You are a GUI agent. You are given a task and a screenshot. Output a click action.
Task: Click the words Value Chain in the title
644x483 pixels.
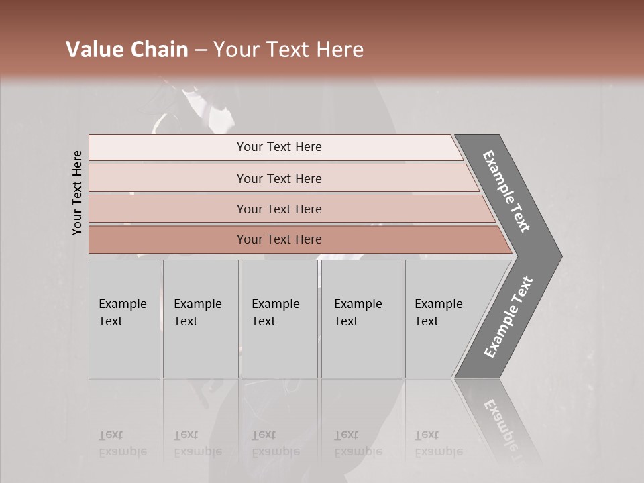(127, 50)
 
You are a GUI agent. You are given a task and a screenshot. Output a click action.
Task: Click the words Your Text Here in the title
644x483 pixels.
(288, 50)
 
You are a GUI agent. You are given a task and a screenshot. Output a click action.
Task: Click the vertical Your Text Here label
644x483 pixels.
(77, 193)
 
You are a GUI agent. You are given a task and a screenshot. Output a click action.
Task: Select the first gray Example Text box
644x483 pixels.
(124, 319)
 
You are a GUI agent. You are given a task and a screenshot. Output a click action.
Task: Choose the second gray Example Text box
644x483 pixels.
(200, 319)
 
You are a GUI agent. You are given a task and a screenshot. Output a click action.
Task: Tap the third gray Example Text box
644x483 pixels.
(278, 319)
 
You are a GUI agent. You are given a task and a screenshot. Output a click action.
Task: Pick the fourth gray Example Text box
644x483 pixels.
(361, 319)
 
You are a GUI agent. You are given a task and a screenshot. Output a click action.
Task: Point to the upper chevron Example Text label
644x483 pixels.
(506, 191)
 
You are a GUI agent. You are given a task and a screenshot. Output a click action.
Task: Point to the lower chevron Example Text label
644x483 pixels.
(508, 317)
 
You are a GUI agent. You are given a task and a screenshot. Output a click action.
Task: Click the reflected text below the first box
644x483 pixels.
(123, 443)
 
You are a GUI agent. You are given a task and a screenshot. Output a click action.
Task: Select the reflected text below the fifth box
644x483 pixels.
(438, 443)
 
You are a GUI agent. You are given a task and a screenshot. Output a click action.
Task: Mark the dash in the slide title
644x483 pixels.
(201, 50)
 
